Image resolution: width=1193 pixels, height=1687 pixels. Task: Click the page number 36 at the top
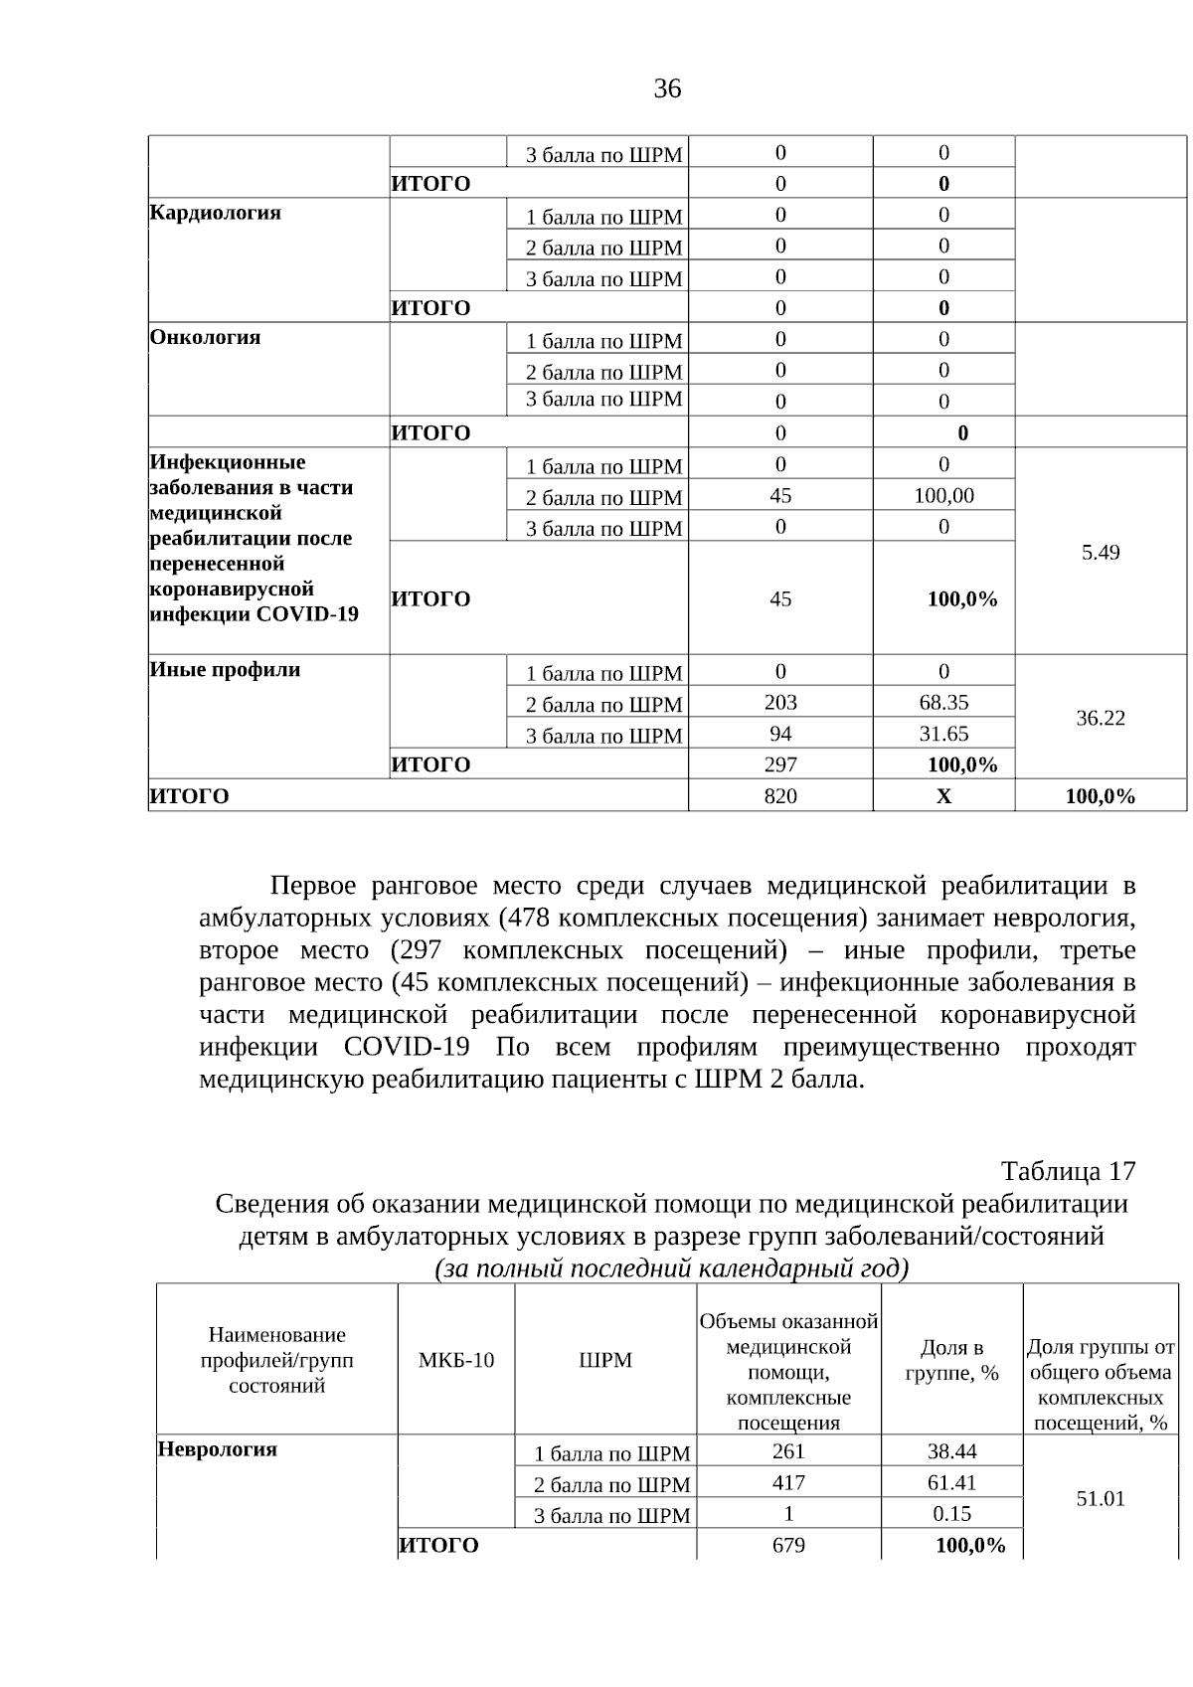click(x=667, y=89)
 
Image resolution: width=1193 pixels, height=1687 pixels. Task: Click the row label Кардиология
click(x=215, y=213)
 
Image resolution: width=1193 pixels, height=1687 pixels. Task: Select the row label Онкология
click(x=205, y=337)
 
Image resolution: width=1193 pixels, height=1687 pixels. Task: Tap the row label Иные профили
click(x=225, y=669)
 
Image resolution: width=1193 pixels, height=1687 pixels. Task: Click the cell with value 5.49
click(x=1100, y=552)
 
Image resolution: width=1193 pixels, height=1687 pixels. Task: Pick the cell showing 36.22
click(x=1100, y=718)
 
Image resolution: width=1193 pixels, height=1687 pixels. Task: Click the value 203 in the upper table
click(x=780, y=703)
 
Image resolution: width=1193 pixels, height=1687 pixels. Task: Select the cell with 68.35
click(x=943, y=703)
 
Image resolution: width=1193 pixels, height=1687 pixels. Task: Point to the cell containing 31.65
click(x=943, y=734)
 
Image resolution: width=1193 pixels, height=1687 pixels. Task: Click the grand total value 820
click(x=780, y=796)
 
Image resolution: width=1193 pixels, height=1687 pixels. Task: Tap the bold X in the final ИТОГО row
click(x=943, y=796)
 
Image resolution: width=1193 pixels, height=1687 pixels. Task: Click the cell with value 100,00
click(x=943, y=495)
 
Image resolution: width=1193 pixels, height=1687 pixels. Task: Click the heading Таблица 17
click(x=1067, y=1171)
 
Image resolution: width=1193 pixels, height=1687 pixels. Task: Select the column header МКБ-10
click(x=455, y=1360)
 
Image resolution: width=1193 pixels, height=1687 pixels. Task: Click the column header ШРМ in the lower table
click(x=605, y=1360)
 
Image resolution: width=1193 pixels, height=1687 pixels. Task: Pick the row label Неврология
click(x=217, y=1448)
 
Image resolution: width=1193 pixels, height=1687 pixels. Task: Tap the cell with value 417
click(x=788, y=1482)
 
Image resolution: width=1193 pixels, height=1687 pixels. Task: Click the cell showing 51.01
click(x=1100, y=1498)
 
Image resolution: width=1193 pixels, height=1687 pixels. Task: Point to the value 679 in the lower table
click(x=788, y=1545)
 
